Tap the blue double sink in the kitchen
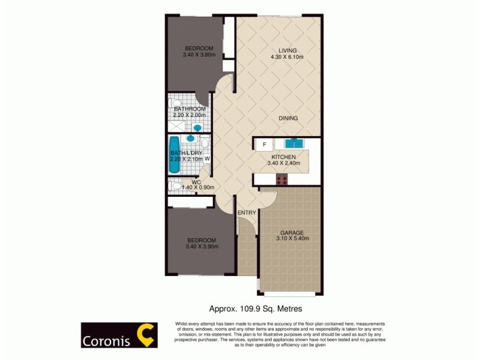pos(293,144)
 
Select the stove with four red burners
pos(282,179)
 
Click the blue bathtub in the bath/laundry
pos(175,155)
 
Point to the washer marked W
pos(206,159)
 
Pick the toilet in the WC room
pos(175,186)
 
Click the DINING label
pos(288,118)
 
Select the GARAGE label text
pos(292,232)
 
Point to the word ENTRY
pos(247,213)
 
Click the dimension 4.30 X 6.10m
pos(287,58)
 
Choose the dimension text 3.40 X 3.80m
pos(199,55)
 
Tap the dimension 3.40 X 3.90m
pos(202,246)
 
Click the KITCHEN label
pos(283,157)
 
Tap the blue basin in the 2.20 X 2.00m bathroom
pos(197,128)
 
